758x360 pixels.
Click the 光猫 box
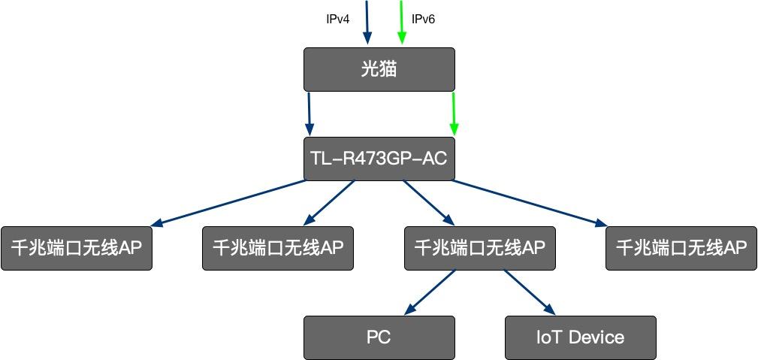379,70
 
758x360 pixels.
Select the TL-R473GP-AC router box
379,159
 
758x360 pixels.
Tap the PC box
379,337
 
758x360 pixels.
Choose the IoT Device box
580,337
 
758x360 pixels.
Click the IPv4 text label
337,19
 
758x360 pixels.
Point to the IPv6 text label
423,19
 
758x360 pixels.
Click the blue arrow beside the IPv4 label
367,21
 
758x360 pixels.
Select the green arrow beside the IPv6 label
402,21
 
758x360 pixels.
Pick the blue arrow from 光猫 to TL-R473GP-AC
309,113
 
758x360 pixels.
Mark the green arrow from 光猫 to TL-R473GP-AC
453,113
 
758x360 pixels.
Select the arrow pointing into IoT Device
528,292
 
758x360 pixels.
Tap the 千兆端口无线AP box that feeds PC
479,248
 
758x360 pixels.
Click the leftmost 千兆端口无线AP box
77,248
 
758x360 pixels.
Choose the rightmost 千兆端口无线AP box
681,248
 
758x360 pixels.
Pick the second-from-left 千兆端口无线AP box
278,248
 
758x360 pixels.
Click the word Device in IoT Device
596,337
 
